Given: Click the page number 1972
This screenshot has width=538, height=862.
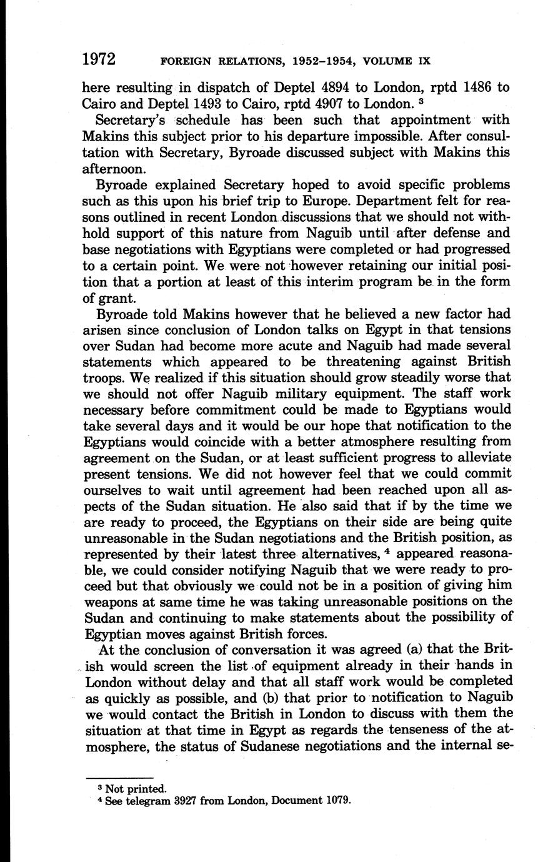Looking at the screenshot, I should click(99, 59).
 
